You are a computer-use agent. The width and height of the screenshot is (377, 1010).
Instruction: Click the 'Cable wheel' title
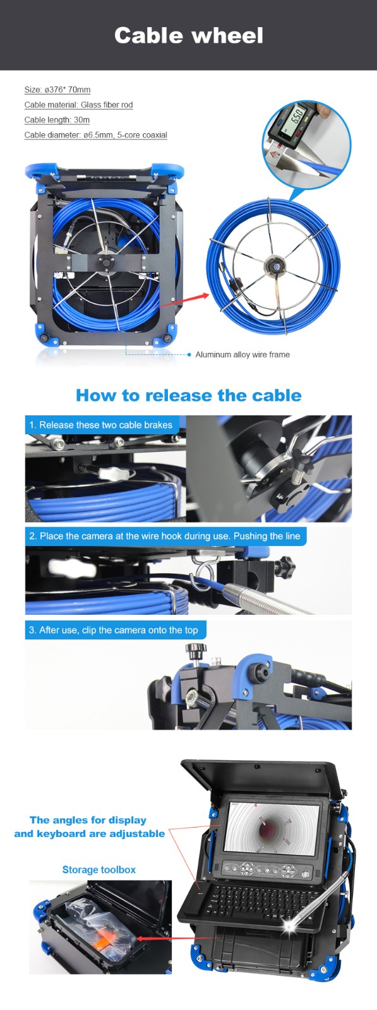pos(188,35)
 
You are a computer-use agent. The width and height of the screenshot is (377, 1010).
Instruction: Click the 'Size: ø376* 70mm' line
pos(57,90)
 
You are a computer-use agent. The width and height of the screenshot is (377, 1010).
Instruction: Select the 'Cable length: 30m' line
pos(57,120)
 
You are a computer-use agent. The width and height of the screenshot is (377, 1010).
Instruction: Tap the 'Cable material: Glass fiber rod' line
pos(78,105)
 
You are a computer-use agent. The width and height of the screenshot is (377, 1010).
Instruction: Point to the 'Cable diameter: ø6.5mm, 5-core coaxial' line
pos(95,135)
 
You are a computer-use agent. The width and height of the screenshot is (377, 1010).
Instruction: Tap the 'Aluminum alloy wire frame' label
pos(242,354)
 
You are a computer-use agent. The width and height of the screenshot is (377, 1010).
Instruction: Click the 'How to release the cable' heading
pos(188,395)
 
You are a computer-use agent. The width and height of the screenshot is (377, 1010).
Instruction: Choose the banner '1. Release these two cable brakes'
pos(101,425)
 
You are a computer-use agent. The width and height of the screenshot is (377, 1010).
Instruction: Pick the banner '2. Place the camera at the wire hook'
pos(165,536)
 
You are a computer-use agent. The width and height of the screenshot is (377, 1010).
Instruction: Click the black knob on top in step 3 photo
pos(196,651)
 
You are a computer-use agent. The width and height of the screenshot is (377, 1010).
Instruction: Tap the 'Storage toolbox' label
pos(99,870)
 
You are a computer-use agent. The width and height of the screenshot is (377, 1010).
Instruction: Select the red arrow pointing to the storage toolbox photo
pos(165,939)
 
